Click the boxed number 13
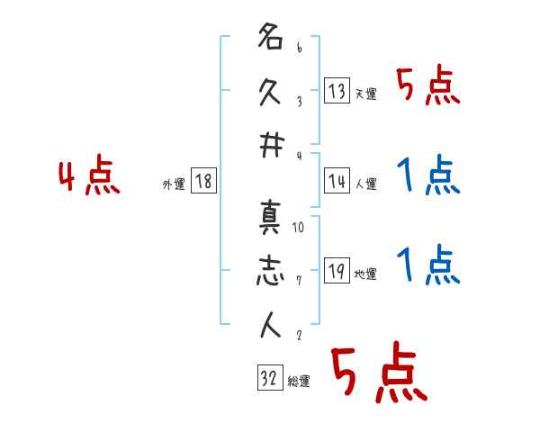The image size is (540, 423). click(x=337, y=90)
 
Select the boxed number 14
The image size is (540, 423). click(x=337, y=181)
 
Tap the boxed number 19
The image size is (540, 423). click(x=337, y=272)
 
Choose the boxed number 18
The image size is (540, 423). click(x=203, y=181)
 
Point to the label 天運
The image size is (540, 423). click(x=365, y=94)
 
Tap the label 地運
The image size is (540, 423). click(x=365, y=274)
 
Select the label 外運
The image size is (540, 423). click(x=174, y=184)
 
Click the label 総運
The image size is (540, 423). click(x=299, y=381)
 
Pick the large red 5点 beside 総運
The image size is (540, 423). click(x=376, y=373)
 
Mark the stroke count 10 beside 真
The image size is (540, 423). click(x=299, y=228)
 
